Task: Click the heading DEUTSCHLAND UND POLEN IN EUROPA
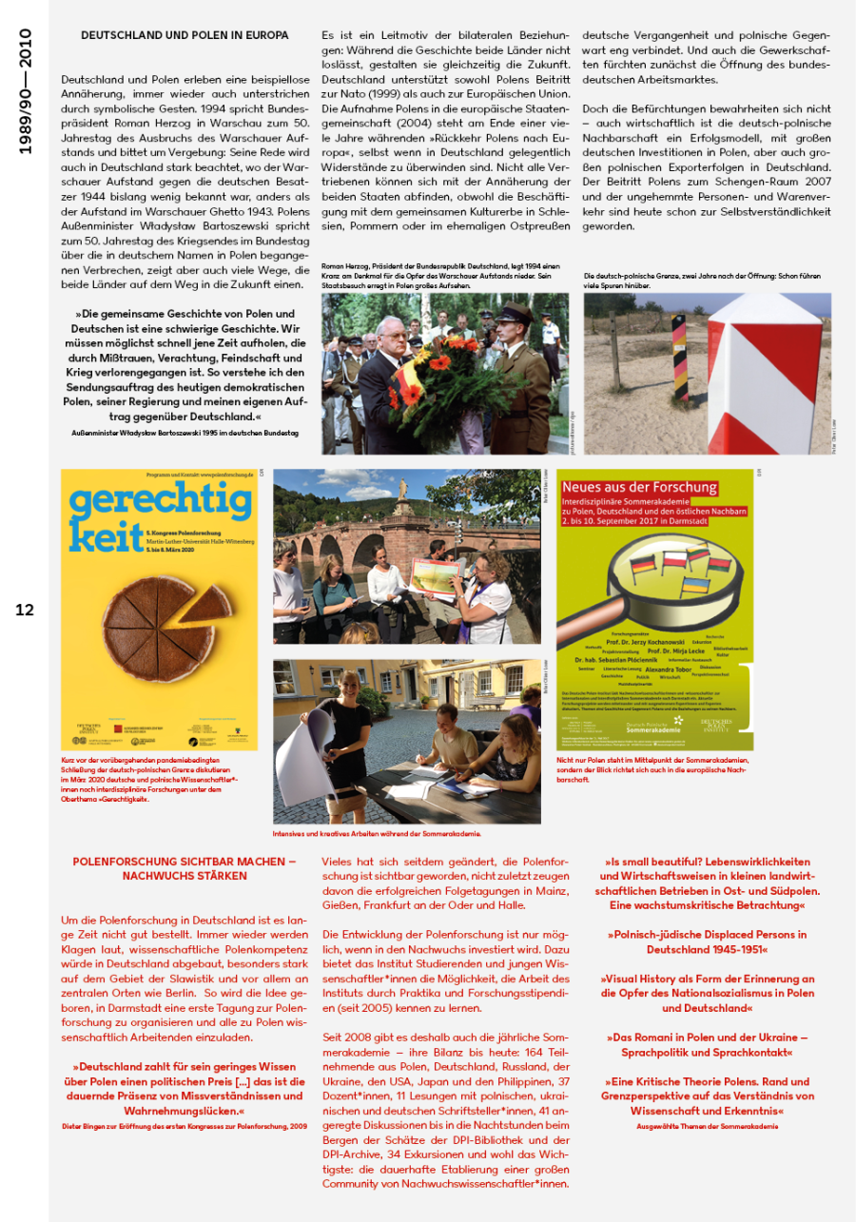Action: (185, 36)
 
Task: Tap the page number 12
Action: (24, 610)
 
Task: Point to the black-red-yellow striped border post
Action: (679, 357)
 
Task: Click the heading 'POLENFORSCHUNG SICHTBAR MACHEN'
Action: (185, 868)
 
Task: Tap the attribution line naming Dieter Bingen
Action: (185, 1126)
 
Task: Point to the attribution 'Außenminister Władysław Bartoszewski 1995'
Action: (185, 432)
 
